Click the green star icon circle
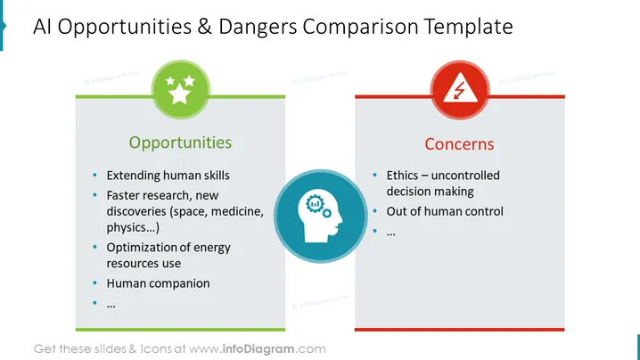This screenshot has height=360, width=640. click(x=180, y=90)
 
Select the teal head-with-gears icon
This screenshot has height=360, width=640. click(x=320, y=216)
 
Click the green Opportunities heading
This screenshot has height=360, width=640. click(x=180, y=143)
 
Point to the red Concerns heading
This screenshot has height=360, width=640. click(x=459, y=144)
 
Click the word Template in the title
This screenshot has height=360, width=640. click(x=469, y=27)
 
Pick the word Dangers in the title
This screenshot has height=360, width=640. click(x=258, y=28)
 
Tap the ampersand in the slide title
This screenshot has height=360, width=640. click(x=205, y=27)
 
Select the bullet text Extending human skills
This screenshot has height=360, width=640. click(x=168, y=176)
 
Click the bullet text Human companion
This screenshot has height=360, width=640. click(x=158, y=283)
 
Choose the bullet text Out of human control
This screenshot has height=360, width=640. click(x=445, y=211)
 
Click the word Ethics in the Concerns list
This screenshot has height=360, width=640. click(x=402, y=176)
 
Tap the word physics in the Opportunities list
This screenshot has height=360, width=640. click(x=129, y=228)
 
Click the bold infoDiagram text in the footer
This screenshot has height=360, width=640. click(x=258, y=349)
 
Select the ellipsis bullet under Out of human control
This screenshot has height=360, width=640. click(x=391, y=233)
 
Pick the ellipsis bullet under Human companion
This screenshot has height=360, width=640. click(x=111, y=306)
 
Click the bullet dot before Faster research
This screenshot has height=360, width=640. click(x=95, y=195)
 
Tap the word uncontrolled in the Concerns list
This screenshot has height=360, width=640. click(x=465, y=176)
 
